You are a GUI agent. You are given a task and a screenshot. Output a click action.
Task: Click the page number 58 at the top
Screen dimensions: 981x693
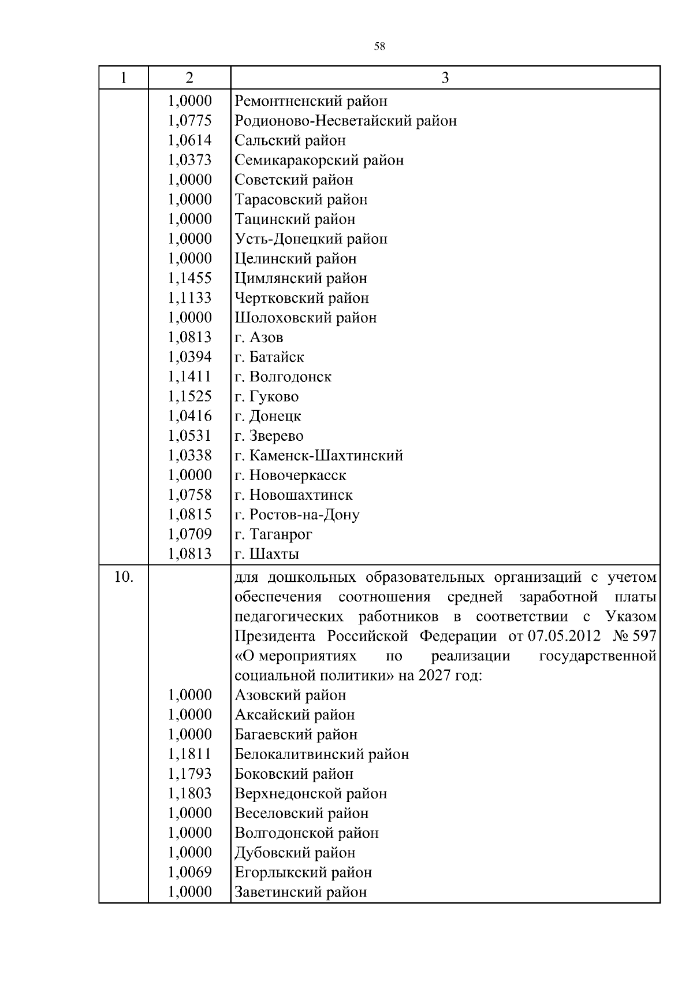tap(379, 47)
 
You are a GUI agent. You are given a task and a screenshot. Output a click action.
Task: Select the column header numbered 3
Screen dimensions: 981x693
tap(445, 78)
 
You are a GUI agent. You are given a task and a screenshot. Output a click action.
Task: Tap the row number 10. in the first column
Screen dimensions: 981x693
tap(124, 577)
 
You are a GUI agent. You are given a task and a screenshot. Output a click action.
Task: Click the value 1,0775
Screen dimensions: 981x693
tap(190, 121)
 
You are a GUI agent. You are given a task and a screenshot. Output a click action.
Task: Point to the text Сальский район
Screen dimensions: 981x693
tap(290, 140)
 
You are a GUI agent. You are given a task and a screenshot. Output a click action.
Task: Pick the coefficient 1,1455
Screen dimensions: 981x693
tap(190, 278)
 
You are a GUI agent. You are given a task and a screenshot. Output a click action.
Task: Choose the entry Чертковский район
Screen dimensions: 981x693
tap(302, 298)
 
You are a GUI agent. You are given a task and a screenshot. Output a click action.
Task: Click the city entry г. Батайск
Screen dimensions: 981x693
tap(270, 357)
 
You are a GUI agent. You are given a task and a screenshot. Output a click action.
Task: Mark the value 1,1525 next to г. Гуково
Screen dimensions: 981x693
tap(190, 396)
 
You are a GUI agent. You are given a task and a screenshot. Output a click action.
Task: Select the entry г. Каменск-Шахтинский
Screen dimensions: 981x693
tap(319, 455)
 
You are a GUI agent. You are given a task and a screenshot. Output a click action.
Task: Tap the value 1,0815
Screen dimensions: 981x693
tap(190, 514)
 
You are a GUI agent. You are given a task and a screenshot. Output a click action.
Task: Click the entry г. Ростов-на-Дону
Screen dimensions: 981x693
tap(297, 515)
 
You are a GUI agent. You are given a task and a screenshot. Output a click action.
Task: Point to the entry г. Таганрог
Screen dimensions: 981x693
tap(274, 534)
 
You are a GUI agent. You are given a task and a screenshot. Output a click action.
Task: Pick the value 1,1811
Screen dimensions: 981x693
tap(190, 754)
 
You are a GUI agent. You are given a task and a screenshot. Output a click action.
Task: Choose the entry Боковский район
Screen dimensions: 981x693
tap(294, 774)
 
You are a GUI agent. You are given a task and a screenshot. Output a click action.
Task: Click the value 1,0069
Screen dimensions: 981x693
tap(190, 872)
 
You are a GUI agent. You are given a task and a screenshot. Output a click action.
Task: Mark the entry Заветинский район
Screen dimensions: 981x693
tap(301, 892)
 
